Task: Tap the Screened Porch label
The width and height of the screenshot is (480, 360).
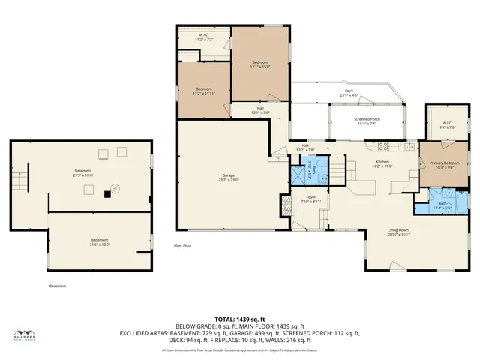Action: click(x=366, y=121)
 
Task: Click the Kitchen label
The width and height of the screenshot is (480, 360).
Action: click(x=383, y=164)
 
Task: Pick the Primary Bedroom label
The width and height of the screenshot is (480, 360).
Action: click(x=445, y=165)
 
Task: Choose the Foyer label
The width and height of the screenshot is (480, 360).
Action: click(x=311, y=199)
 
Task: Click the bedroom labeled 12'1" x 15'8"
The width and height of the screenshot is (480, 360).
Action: click(x=259, y=63)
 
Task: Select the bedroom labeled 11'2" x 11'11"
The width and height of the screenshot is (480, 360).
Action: click(x=204, y=91)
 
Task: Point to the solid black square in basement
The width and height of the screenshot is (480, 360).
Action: click(x=107, y=193)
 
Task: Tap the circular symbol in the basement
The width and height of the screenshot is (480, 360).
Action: click(x=115, y=188)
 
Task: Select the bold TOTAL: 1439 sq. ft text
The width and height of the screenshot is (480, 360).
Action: click(x=239, y=319)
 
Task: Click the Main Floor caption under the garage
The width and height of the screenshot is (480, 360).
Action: click(x=184, y=245)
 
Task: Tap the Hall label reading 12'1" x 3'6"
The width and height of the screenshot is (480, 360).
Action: click(x=259, y=110)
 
